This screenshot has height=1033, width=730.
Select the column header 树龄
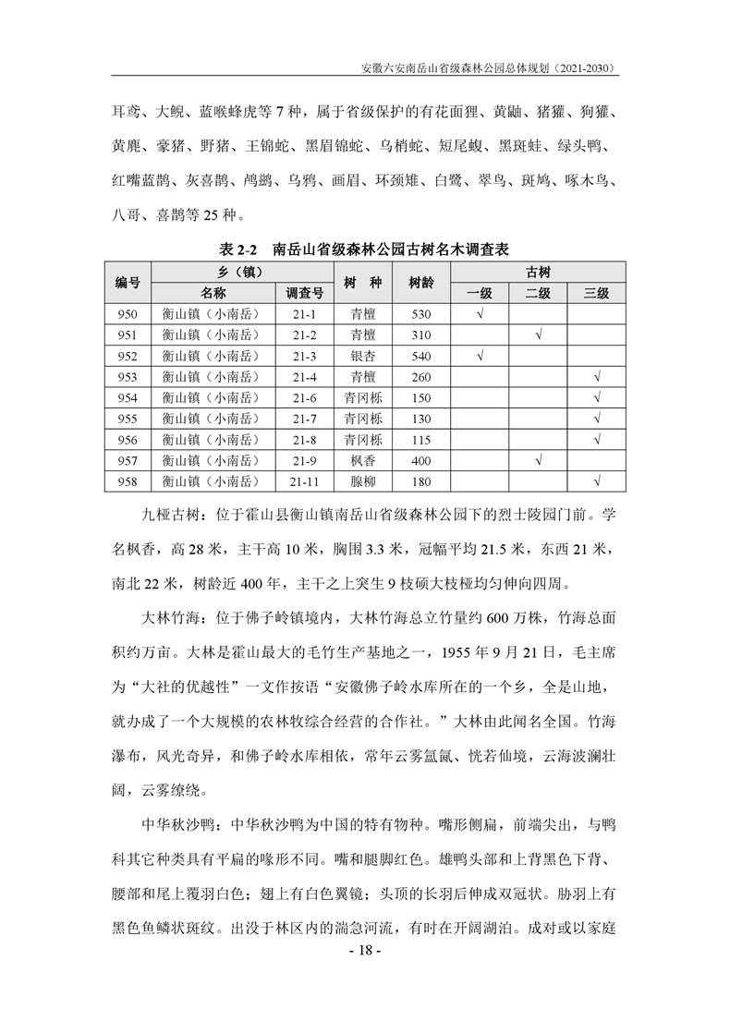[x=421, y=283]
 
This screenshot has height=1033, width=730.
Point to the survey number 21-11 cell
[x=305, y=480]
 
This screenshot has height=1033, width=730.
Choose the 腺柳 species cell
[x=362, y=480]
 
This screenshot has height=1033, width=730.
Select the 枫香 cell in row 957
[x=362, y=460]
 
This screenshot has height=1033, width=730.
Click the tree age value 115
[x=421, y=440]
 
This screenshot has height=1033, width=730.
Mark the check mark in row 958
[x=597, y=480]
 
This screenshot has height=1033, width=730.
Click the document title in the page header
[x=490, y=68]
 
